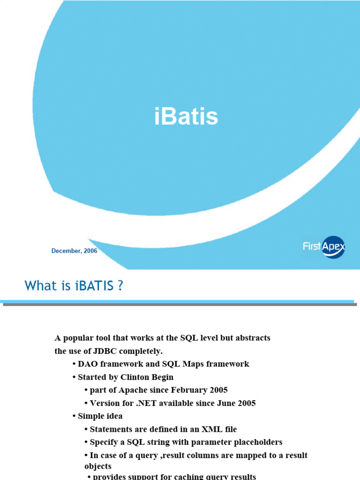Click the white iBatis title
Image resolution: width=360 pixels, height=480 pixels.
tap(186, 117)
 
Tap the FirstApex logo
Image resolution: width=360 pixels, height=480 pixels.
tap(323, 247)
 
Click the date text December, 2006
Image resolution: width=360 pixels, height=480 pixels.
tap(74, 251)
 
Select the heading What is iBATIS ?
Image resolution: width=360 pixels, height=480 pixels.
tap(74, 285)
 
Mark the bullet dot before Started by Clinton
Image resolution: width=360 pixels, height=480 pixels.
tap(74, 377)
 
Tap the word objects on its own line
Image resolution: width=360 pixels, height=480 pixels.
tap(98, 466)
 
